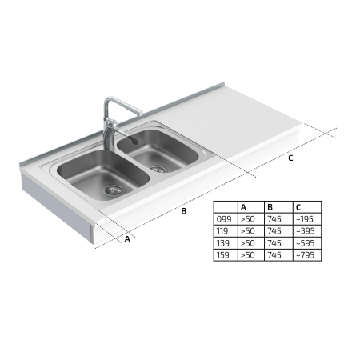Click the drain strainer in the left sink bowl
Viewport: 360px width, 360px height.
(x=114, y=190)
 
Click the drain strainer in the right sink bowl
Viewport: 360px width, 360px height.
(x=158, y=169)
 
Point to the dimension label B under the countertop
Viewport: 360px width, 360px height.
(x=184, y=211)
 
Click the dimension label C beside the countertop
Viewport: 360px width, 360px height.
(x=290, y=158)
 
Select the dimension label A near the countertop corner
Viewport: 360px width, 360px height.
(x=127, y=239)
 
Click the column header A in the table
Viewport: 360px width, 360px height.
(x=243, y=207)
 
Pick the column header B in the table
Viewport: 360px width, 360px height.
(x=270, y=207)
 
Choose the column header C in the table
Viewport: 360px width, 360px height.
(x=298, y=207)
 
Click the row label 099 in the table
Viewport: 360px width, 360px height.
(x=224, y=219)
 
